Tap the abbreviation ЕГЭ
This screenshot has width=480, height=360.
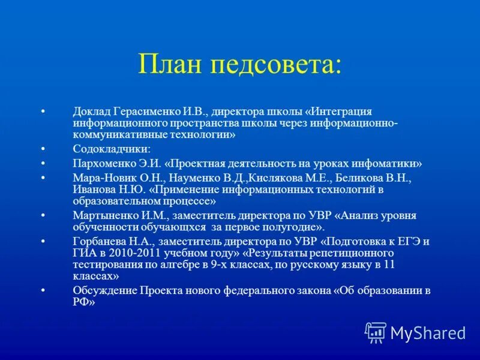tap(401, 242)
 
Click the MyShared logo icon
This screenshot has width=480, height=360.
tap(376, 332)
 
